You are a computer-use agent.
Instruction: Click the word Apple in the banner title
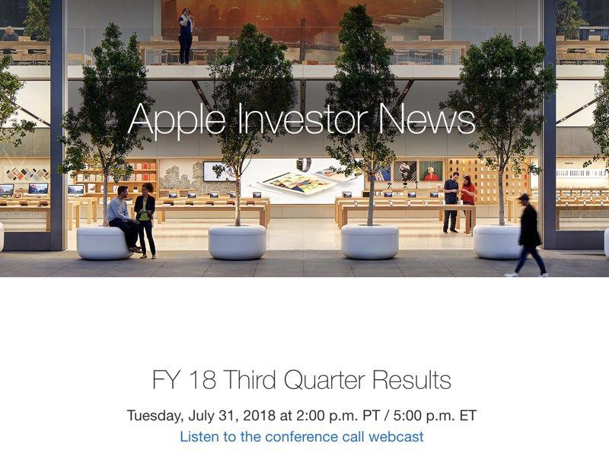click(x=177, y=120)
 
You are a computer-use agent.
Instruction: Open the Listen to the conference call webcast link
click(x=301, y=436)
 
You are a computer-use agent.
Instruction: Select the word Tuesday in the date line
click(x=155, y=416)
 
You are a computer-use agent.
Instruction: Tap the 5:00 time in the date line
click(x=407, y=415)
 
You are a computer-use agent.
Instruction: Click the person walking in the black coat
click(x=529, y=236)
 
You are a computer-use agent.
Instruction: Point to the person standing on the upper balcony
click(x=186, y=36)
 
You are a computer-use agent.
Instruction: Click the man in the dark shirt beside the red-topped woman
click(x=451, y=202)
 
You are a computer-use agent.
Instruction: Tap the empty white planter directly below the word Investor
click(x=238, y=242)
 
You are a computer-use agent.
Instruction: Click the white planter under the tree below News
click(x=370, y=241)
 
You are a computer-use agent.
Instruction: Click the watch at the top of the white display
click(x=304, y=164)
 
